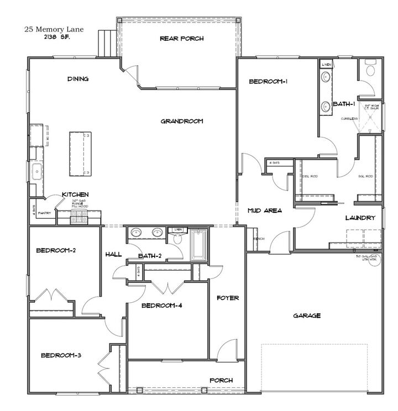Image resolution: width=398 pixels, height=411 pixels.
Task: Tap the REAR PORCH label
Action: coord(181,39)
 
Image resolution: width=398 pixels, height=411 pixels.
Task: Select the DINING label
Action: coord(78,79)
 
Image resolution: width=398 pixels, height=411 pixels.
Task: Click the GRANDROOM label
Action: coord(182,121)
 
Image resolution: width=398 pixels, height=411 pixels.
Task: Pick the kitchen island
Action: coord(81,154)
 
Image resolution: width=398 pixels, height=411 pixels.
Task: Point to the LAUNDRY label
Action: coord(360,218)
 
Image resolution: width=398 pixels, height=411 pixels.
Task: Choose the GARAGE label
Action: coord(307,315)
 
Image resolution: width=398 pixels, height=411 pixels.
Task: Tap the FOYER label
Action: coord(227,298)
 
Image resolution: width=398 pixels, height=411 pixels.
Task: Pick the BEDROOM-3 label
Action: coord(61,355)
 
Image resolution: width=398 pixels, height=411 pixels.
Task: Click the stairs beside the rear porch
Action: coord(106,43)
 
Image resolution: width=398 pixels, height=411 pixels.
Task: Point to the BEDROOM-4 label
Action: coord(161,305)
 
